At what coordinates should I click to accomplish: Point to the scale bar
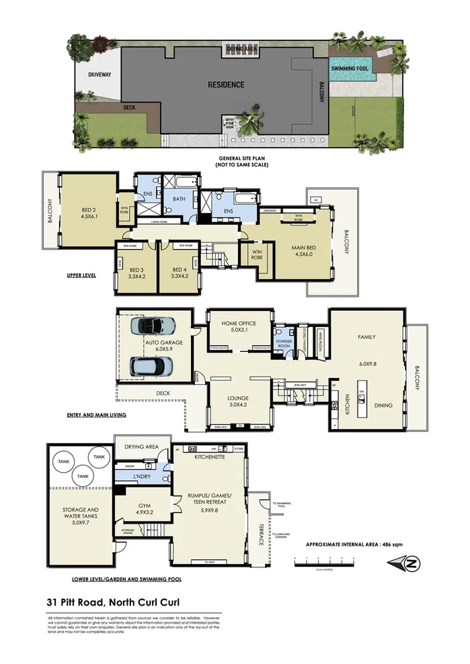[323, 561]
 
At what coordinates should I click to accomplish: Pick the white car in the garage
[151, 366]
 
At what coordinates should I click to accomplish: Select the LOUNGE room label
[239, 401]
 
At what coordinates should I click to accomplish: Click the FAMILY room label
[366, 337]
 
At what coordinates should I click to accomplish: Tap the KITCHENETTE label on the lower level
[208, 456]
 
